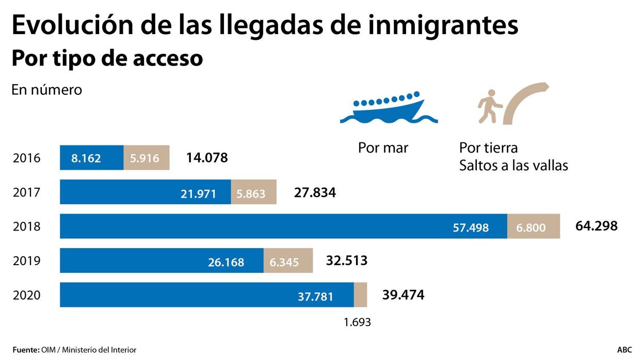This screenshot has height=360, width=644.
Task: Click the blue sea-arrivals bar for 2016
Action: pyautogui.click(x=91, y=158)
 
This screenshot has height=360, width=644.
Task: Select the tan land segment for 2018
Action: pyautogui.click(x=534, y=226)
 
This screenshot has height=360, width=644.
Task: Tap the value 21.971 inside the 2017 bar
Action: pyautogui.click(x=198, y=193)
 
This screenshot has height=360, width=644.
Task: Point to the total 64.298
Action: pyautogui.click(x=596, y=226)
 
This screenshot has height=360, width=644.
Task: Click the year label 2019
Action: pyautogui.click(x=26, y=261)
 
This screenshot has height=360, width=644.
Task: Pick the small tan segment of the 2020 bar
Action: pyautogui.click(x=360, y=295)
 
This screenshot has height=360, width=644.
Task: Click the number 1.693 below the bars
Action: pyautogui.click(x=357, y=322)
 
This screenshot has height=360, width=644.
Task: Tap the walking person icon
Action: pyautogui.click(x=489, y=106)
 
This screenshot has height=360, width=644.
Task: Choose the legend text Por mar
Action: pyautogui.click(x=383, y=148)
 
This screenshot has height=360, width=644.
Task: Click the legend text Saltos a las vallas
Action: pyautogui.click(x=513, y=166)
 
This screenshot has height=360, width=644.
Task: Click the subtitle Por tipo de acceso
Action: pyautogui.click(x=107, y=58)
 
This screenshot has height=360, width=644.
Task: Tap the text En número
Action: pyautogui.click(x=46, y=90)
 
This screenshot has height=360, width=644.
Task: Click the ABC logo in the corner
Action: pyautogui.click(x=624, y=350)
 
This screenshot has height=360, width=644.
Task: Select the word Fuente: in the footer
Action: pyautogui.click(x=26, y=350)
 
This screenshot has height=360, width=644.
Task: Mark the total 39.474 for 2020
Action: pyautogui.click(x=403, y=295)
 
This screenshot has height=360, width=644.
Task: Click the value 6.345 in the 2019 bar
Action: pyautogui.click(x=284, y=262)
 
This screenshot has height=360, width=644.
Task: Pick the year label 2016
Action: pyautogui.click(x=26, y=158)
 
